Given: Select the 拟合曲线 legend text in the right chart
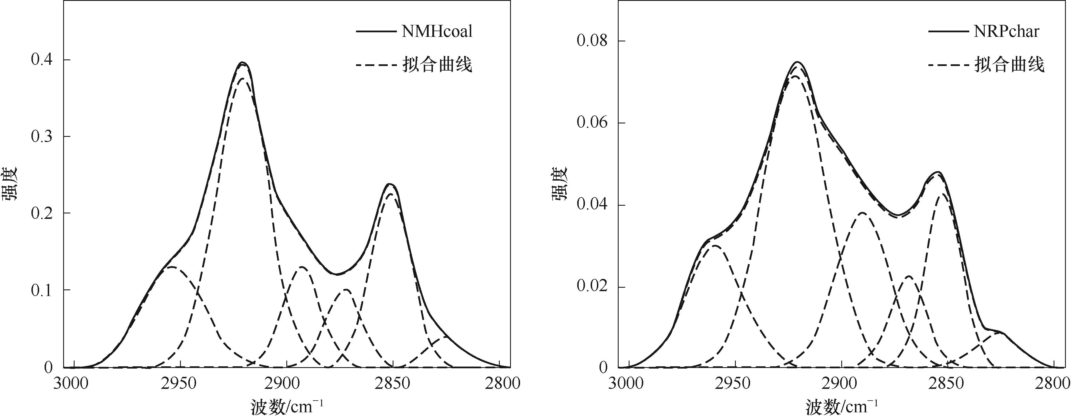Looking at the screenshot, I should pos(1009,65).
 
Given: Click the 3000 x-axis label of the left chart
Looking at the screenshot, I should pos(71,383).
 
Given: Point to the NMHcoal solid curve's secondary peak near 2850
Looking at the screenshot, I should pos(390,184).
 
